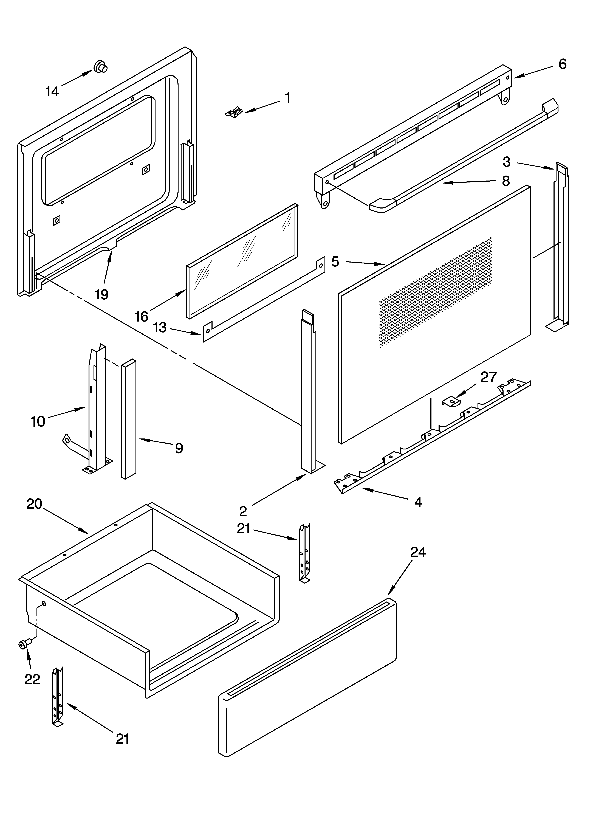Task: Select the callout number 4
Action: [x=418, y=502]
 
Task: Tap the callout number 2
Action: [x=243, y=511]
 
